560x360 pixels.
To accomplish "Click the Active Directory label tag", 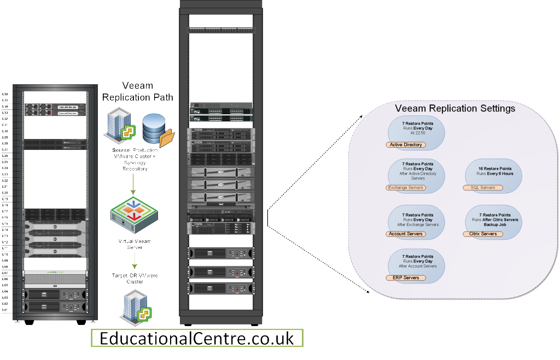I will coord(405,145).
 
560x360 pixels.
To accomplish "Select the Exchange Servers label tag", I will coord(405,188).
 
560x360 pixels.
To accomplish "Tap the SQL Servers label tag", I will coord(483,188).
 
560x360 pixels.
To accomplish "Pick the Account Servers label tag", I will coord(405,234).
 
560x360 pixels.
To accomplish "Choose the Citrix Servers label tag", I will coord(483,234).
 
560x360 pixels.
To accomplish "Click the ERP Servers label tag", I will coord(405,278).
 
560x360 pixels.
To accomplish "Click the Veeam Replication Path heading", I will coord(138,91).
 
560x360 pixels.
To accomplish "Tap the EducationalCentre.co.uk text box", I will coord(197,338).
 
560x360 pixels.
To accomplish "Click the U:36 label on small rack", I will coord(5,94).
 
